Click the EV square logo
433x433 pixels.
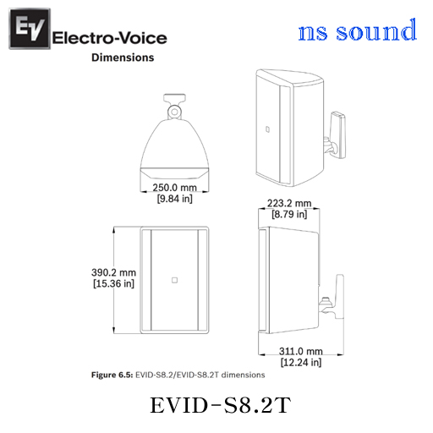tap(30, 29)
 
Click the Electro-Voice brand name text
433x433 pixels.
tap(109, 38)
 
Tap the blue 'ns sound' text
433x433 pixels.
tap(357, 30)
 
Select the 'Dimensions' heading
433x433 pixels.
tap(123, 58)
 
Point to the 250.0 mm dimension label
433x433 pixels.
tap(174, 188)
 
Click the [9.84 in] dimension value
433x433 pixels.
tap(175, 199)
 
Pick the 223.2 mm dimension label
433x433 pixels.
tap(289, 203)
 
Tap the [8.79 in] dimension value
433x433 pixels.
tap(289, 214)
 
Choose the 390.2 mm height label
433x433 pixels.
tap(113, 272)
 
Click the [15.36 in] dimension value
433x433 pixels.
tap(113, 283)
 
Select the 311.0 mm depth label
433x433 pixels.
tap(301, 351)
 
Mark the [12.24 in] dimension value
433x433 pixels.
tap(301, 362)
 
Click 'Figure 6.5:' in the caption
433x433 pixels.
tap(112, 375)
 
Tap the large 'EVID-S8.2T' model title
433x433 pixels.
tap(220, 405)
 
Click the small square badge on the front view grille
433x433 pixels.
tap(174, 280)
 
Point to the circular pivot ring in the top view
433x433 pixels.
tap(174, 112)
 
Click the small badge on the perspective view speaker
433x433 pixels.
tap(267, 129)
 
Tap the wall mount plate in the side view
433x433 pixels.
tap(340, 297)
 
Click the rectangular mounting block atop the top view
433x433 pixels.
tap(174, 98)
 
